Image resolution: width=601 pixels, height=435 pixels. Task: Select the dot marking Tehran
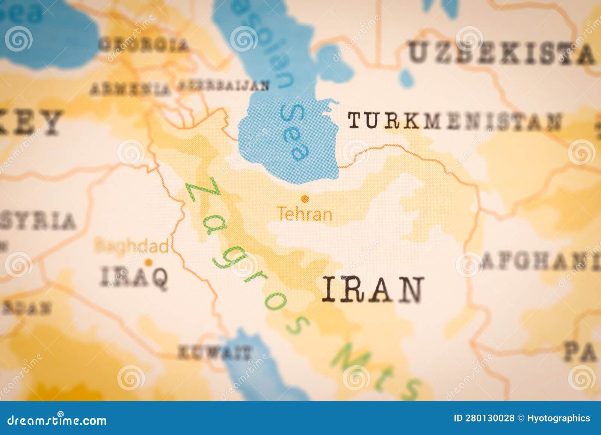click(305, 198)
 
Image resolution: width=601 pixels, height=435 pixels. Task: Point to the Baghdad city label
click(131, 246)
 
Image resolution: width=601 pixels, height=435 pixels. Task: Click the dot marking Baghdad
click(149, 262)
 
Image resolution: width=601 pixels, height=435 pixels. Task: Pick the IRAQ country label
click(134, 277)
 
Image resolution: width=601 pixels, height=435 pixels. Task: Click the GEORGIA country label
click(143, 45)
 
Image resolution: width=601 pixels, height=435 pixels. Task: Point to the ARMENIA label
click(130, 89)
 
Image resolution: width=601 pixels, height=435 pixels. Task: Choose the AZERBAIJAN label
click(223, 85)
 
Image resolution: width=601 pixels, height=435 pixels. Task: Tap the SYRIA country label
click(38, 221)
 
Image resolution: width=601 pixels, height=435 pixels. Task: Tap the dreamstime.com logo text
click(57, 420)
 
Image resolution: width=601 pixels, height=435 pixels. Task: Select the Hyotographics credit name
click(558, 418)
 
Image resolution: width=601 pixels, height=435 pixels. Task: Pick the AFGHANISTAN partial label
click(541, 260)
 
